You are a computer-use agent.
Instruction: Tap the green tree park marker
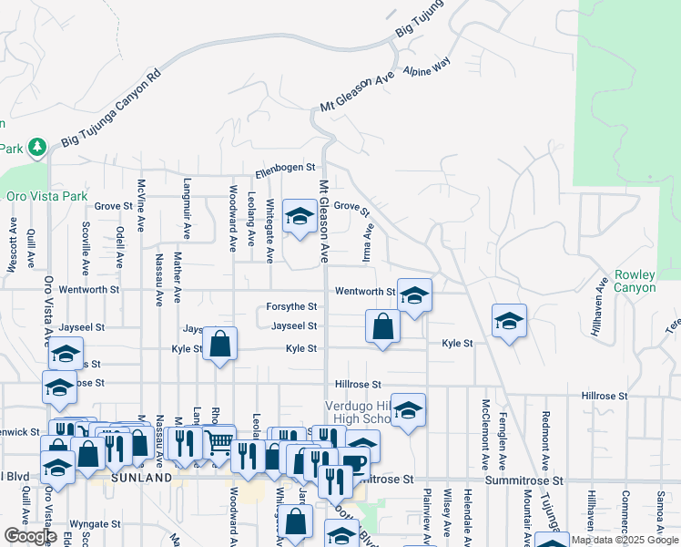[36, 146]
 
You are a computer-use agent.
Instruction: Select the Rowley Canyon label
[635, 281]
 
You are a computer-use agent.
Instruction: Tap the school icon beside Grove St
[298, 217]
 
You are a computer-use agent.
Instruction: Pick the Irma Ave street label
[369, 245]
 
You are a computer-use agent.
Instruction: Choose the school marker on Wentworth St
[414, 295]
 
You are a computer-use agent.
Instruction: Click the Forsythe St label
[291, 307]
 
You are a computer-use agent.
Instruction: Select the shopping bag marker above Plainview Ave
[383, 326]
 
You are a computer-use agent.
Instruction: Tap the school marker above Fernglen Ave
[510, 321]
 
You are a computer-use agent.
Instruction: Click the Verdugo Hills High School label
[359, 412]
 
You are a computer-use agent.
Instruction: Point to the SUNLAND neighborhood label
[141, 478]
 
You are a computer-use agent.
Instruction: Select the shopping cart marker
[219, 443]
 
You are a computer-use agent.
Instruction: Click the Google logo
[30, 536]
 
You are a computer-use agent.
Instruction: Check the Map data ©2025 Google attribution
[624, 540]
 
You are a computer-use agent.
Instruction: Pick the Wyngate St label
[96, 524]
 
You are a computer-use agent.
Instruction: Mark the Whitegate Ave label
[269, 230]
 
